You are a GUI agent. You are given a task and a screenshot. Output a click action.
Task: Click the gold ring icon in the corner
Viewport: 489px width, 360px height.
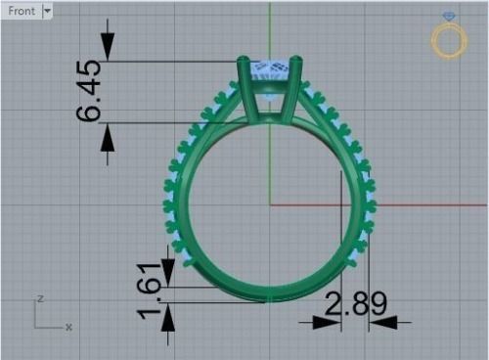449,41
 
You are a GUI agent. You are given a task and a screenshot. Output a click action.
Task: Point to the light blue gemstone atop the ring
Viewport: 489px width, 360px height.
271,70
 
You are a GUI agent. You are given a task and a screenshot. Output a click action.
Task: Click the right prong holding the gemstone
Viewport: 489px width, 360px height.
295,83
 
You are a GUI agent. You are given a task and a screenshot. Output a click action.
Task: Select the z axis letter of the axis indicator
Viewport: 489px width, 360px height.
40,298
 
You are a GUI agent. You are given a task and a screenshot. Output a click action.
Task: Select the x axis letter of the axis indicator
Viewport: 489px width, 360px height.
68,327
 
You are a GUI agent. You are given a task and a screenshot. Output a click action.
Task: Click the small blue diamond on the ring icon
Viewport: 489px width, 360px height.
449,17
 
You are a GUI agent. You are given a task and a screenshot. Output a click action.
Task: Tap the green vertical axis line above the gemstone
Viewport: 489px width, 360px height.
269,29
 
